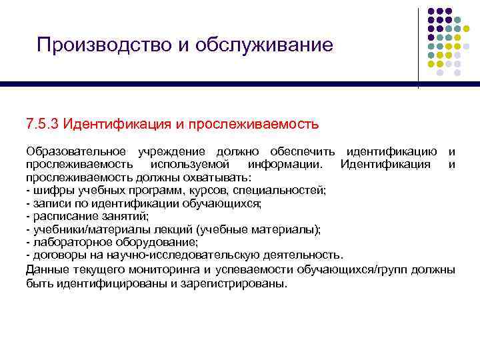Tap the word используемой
[191, 165]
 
